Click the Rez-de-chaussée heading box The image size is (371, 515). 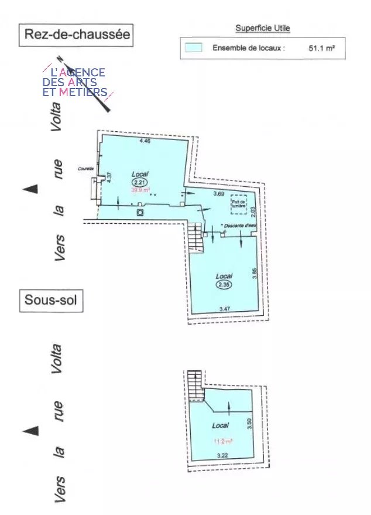[x=76, y=35]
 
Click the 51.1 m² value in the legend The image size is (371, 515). [x=321, y=49]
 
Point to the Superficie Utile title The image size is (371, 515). [x=263, y=28]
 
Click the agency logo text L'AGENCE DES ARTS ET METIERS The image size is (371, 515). [x=74, y=82]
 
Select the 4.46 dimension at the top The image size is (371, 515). [x=145, y=141]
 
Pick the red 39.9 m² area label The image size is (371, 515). [x=140, y=190]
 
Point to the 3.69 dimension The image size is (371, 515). [x=219, y=193]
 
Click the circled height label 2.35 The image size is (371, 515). [x=224, y=285]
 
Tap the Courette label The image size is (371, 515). [x=85, y=169]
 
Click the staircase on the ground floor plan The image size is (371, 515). [x=195, y=237]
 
